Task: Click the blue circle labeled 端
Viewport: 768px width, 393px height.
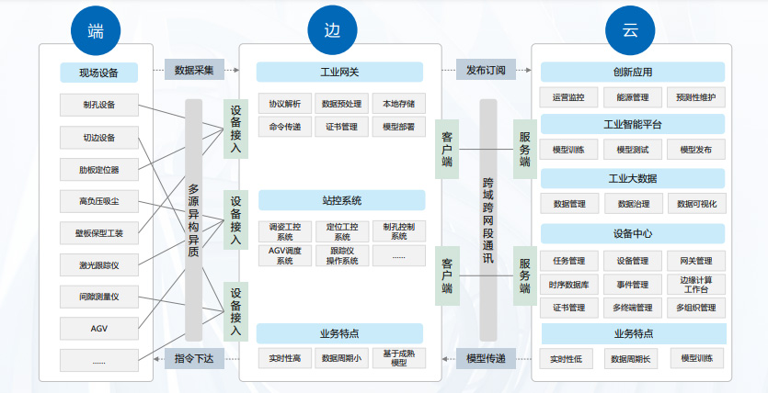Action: pyautogui.click(x=96, y=31)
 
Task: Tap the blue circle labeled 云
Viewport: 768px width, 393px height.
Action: pyautogui.click(x=630, y=31)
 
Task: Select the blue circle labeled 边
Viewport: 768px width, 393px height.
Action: pyautogui.click(x=331, y=31)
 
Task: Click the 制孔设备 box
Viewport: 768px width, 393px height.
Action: pyautogui.click(x=99, y=104)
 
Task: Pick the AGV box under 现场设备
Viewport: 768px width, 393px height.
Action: pyautogui.click(x=99, y=328)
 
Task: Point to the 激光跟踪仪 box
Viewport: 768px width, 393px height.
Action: pyautogui.click(x=99, y=265)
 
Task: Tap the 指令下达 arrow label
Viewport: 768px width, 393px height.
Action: pyautogui.click(x=194, y=358)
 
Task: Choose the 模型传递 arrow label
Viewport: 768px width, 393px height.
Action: pyautogui.click(x=486, y=358)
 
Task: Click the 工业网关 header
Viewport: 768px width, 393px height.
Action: pyautogui.click(x=339, y=72)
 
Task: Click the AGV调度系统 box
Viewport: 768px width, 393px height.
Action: pyautogui.click(x=284, y=255)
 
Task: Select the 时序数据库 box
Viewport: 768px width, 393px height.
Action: pyautogui.click(x=567, y=285)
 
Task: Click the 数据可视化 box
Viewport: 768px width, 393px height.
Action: pyautogui.click(x=696, y=204)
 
